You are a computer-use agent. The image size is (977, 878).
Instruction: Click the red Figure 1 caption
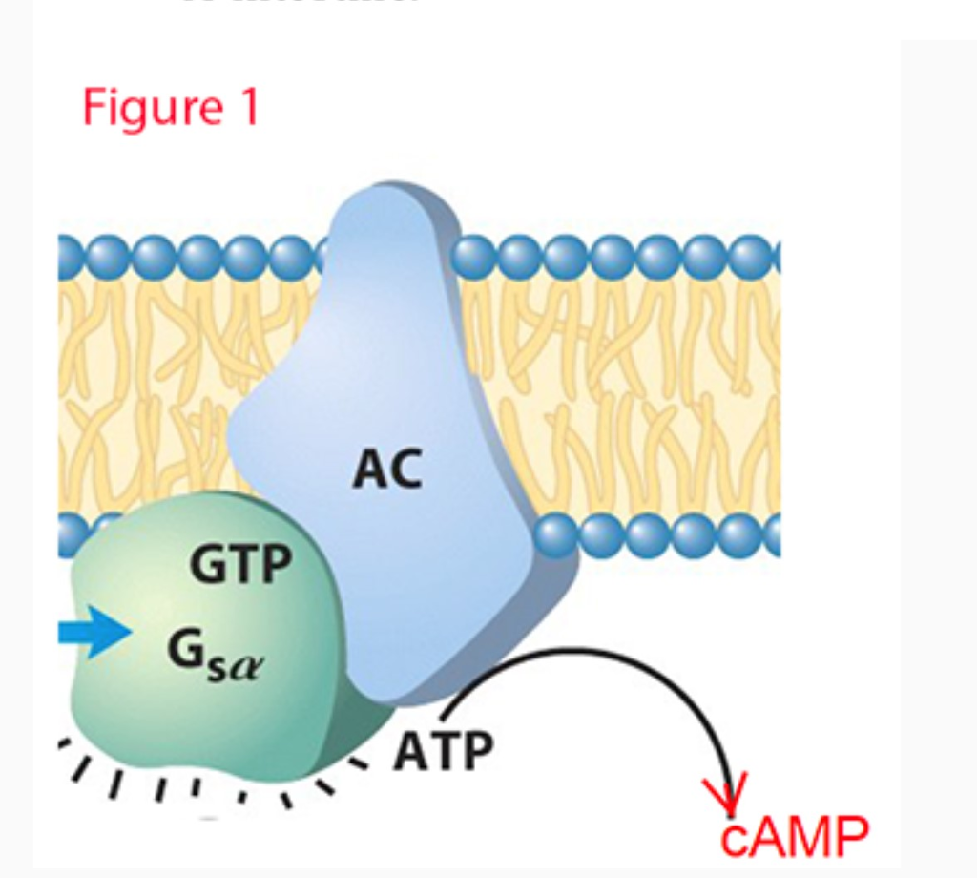click(x=170, y=107)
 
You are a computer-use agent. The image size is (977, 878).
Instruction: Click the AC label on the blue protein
click(x=387, y=469)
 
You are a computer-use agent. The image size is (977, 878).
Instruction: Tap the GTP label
click(x=240, y=564)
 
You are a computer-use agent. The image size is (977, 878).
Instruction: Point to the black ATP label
click(x=444, y=751)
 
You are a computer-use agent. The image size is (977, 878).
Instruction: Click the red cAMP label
click(x=795, y=837)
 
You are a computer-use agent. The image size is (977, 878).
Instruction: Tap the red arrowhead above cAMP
click(x=726, y=792)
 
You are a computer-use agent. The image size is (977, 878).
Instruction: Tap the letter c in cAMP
click(x=734, y=840)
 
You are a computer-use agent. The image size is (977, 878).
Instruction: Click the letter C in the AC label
click(x=405, y=469)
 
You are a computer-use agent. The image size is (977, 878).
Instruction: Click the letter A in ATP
click(x=410, y=751)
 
